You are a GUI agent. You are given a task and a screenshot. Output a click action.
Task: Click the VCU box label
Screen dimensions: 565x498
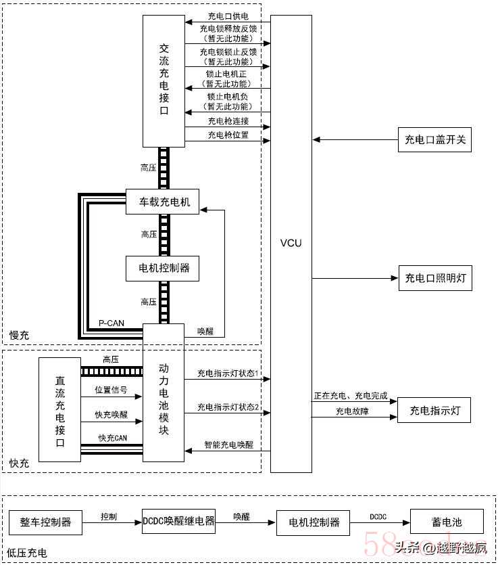pos(291,242)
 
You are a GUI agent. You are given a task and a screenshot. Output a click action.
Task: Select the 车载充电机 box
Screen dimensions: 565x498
pos(163,202)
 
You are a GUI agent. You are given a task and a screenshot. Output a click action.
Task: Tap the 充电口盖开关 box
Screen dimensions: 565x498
pos(434,140)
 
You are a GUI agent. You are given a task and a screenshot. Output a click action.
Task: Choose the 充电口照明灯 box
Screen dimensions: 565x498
pos(434,278)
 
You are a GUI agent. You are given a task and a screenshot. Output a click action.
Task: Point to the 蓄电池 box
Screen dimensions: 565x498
pos(447,522)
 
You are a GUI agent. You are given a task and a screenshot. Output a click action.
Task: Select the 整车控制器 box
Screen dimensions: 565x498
pos(45,522)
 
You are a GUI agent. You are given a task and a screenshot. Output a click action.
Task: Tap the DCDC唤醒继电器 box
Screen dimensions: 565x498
pos(179,521)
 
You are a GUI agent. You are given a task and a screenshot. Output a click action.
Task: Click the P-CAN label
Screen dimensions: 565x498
pos(110,323)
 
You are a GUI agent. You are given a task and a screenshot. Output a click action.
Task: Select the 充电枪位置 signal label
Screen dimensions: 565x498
pos(228,135)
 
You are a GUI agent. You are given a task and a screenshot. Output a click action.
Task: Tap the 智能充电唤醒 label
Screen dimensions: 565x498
pos(229,445)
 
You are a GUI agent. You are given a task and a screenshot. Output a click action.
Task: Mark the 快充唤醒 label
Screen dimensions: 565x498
pos(111,414)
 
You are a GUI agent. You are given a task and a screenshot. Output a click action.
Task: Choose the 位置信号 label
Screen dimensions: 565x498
pos(111,390)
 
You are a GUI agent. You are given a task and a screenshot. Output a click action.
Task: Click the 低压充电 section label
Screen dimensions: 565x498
pos(27,553)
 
